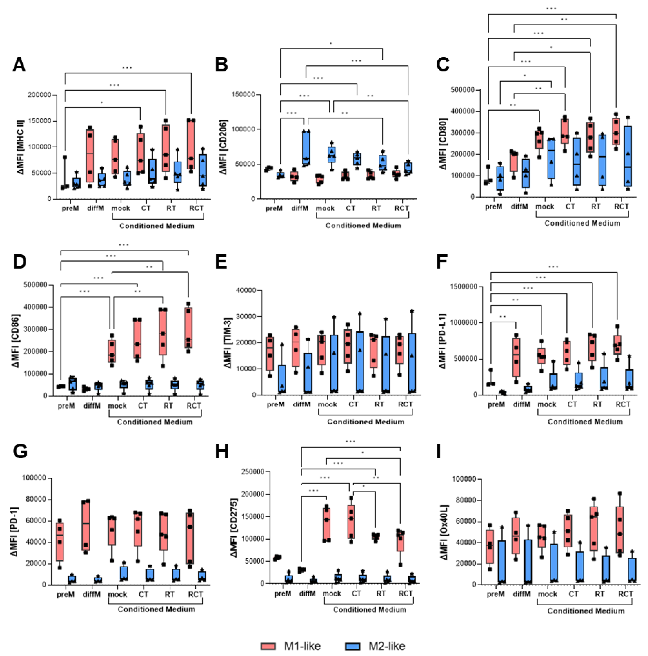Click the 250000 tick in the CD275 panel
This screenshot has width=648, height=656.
pos(252,472)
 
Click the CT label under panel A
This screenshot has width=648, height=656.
pos(145,208)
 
